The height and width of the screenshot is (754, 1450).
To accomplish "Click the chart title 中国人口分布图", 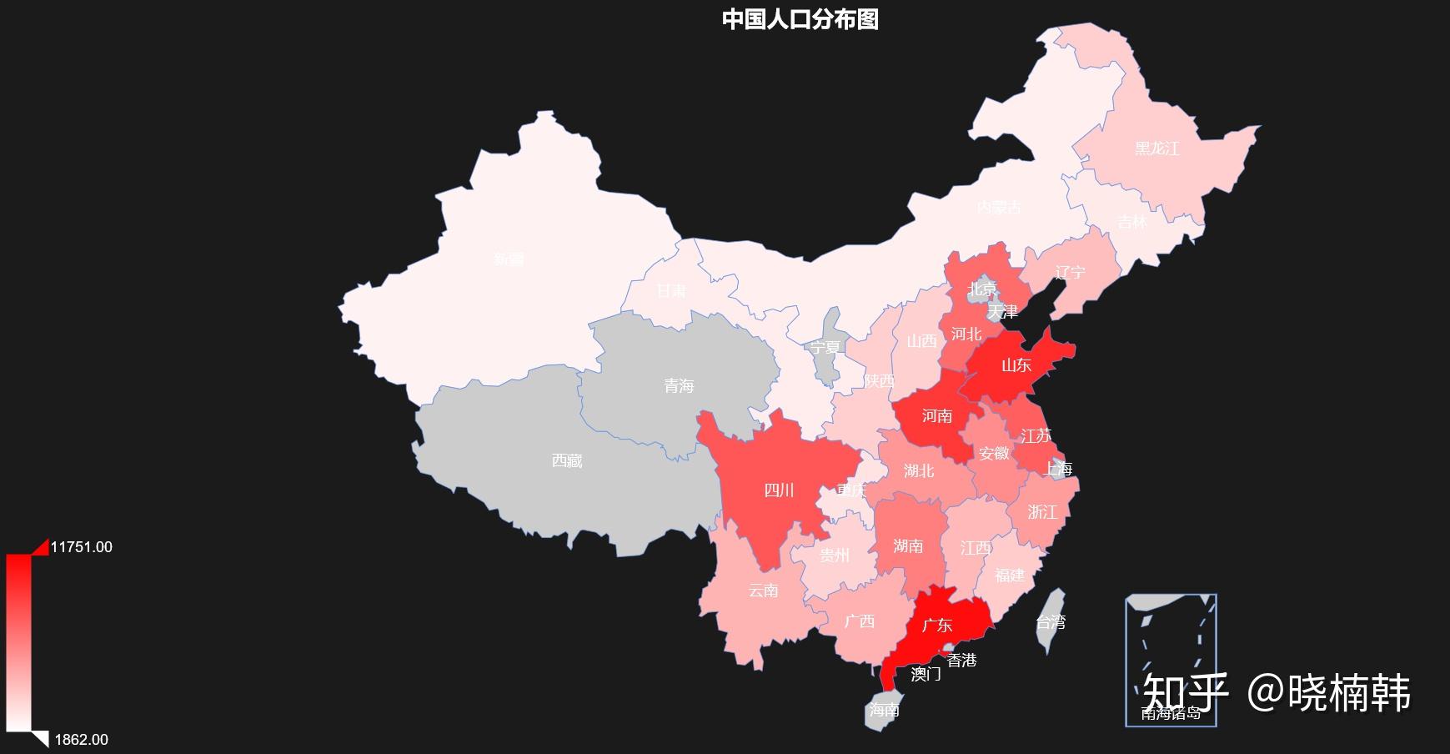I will pyautogui.click(x=800, y=19).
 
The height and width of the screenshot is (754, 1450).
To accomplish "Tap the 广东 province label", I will pyautogui.click(x=937, y=625).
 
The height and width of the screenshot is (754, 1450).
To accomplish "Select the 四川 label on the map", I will pyautogui.click(x=779, y=490).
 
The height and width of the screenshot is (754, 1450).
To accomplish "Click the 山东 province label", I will pyautogui.click(x=1016, y=364).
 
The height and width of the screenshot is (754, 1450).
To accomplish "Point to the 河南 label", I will pyautogui.click(x=936, y=415).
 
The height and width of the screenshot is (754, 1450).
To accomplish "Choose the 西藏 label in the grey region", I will pyautogui.click(x=567, y=460).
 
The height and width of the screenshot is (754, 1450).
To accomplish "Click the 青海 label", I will pyautogui.click(x=679, y=386).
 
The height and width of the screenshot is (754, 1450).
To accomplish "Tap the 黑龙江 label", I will pyautogui.click(x=1156, y=148).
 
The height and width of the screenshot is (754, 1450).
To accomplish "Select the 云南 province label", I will pyautogui.click(x=763, y=591).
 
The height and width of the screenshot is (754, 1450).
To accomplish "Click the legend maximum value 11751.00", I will pyautogui.click(x=81, y=547).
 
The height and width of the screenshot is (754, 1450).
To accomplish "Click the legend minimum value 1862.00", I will pyautogui.click(x=81, y=740).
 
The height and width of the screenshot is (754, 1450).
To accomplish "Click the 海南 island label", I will pyautogui.click(x=884, y=710).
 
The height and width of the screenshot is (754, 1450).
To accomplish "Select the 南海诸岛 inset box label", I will pyautogui.click(x=1171, y=714).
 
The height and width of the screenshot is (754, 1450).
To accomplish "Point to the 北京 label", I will pyautogui.click(x=982, y=289).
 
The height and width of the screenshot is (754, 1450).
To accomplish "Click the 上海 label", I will pyautogui.click(x=1058, y=470).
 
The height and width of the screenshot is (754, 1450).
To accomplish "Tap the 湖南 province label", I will pyautogui.click(x=908, y=545).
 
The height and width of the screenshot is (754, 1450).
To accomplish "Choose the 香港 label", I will pyautogui.click(x=961, y=660).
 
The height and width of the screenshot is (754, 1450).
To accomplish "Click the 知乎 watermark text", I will pyautogui.click(x=1185, y=692).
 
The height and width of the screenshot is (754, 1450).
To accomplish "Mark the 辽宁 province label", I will pyautogui.click(x=1070, y=272).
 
